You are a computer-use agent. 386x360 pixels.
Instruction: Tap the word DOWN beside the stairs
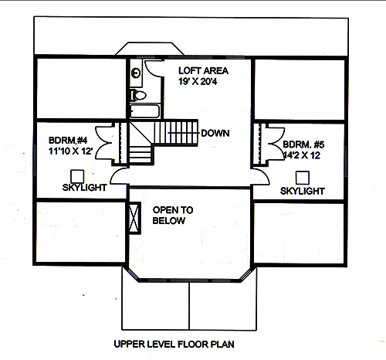(215, 133)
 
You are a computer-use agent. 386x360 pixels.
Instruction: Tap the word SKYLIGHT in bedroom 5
(302, 190)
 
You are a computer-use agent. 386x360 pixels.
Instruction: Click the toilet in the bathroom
(137, 95)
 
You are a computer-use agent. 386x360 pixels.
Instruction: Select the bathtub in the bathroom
(144, 111)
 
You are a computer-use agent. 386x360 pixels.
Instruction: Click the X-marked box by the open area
(134, 217)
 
